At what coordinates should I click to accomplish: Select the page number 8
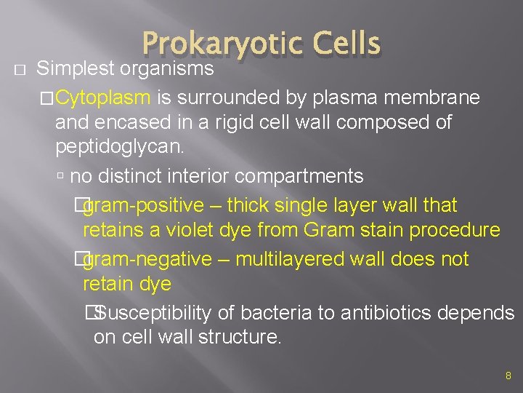pyautogui.click(x=508, y=376)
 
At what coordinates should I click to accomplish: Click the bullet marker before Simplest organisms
pyautogui.click(x=20, y=70)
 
